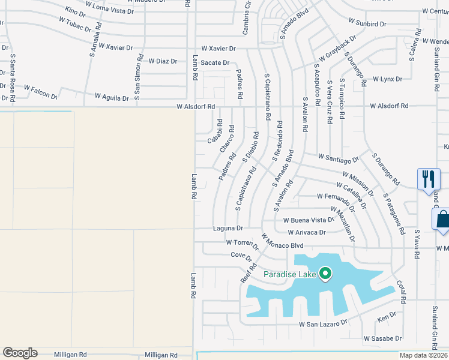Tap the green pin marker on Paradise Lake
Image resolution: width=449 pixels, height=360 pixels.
(x=325, y=274)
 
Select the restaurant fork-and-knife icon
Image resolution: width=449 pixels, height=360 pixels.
(x=427, y=179)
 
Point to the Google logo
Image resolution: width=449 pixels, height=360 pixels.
(x=20, y=353)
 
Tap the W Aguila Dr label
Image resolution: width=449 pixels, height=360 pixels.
(x=112, y=97)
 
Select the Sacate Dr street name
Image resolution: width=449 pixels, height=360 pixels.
(x=215, y=62)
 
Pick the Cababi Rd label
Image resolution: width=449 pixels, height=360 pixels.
(x=215, y=131)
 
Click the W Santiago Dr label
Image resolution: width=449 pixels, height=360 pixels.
(x=338, y=158)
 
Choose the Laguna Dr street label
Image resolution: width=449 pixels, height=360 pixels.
(x=228, y=229)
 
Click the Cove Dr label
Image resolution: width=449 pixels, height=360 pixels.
(x=241, y=255)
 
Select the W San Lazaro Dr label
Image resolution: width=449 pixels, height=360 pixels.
(x=324, y=323)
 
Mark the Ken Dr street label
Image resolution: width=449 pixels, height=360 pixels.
(x=387, y=315)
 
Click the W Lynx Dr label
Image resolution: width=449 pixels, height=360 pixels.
(x=387, y=79)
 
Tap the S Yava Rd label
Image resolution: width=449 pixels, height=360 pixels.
(x=416, y=243)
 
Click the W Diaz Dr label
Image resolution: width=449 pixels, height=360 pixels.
(x=163, y=61)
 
